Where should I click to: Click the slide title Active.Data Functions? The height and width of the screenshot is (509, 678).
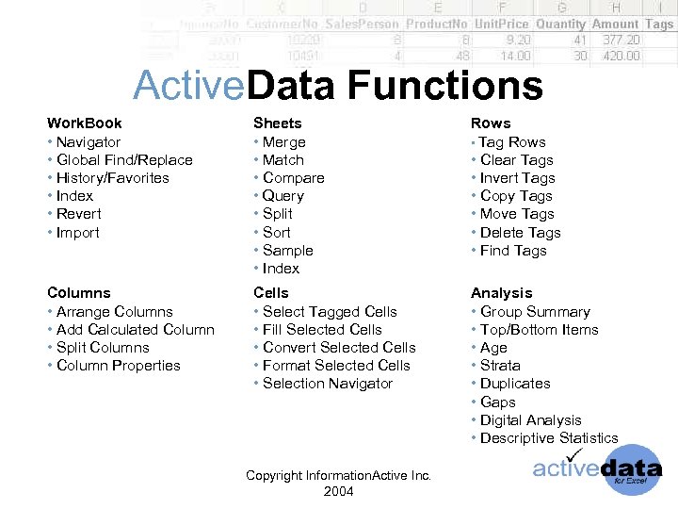(338, 86)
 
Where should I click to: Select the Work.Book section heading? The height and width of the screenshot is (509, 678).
(85, 123)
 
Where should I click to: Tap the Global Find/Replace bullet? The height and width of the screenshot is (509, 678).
(123, 160)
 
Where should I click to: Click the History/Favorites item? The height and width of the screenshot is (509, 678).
(112, 178)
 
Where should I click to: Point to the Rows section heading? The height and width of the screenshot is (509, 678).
(491, 123)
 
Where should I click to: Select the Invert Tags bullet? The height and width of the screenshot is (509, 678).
(517, 178)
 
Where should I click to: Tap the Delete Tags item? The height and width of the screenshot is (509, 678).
(520, 233)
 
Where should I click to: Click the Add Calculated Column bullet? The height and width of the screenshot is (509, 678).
(135, 330)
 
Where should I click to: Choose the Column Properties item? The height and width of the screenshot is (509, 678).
(118, 366)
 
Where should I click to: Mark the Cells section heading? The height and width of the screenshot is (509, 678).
(271, 293)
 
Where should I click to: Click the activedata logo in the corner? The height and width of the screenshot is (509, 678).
(597, 468)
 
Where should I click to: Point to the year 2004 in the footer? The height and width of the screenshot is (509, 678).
(338, 491)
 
